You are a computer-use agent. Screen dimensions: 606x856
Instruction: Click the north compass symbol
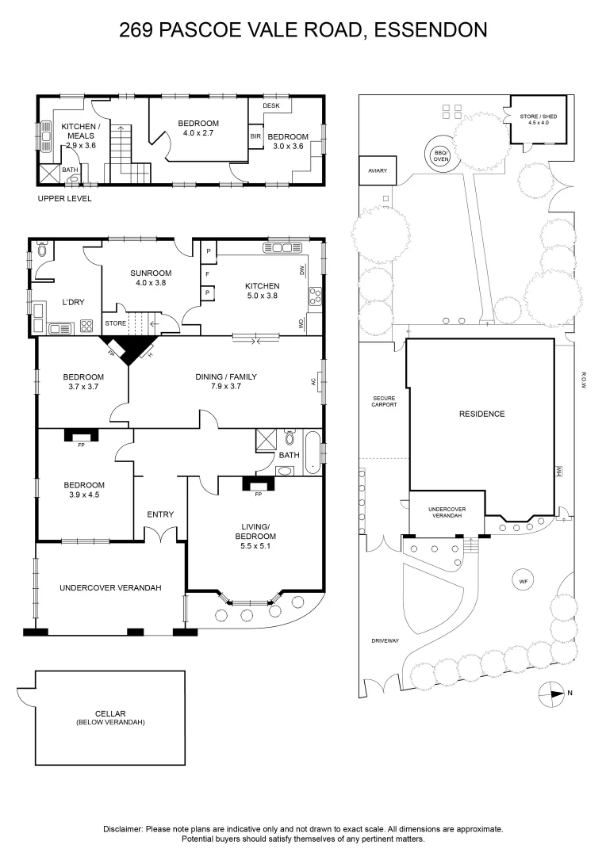pyautogui.click(x=551, y=694)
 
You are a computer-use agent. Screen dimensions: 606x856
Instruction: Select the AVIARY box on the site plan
pyautogui.click(x=377, y=171)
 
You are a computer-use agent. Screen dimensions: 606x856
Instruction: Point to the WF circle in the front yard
pyautogui.click(x=523, y=582)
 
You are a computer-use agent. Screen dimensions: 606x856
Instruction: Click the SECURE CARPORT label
pyautogui.click(x=384, y=401)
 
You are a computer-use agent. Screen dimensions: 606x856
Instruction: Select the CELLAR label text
pyautogui.click(x=110, y=713)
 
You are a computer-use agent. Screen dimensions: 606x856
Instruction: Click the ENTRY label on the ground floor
pyautogui.click(x=160, y=514)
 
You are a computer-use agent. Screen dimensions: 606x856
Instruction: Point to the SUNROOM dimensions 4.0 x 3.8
pyautogui.click(x=151, y=283)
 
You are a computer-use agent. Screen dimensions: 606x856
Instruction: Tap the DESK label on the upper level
pyautogui.click(x=271, y=105)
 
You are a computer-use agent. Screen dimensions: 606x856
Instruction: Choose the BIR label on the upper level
pyautogui.click(x=255, y=136)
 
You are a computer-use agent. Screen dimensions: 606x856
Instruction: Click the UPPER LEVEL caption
pyautogui.click(x=64, y=199)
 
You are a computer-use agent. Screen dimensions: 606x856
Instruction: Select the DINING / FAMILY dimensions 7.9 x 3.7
pyautogui.click(x=226, y=386)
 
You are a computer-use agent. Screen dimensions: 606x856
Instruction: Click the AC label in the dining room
pyautogui.click(x=313, y=382)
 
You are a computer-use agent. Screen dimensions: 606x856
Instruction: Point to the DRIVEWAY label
pyautogui.click(x=385, y=641)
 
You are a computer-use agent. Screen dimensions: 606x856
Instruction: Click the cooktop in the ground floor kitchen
pyautogui.click(x=316, y=296)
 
